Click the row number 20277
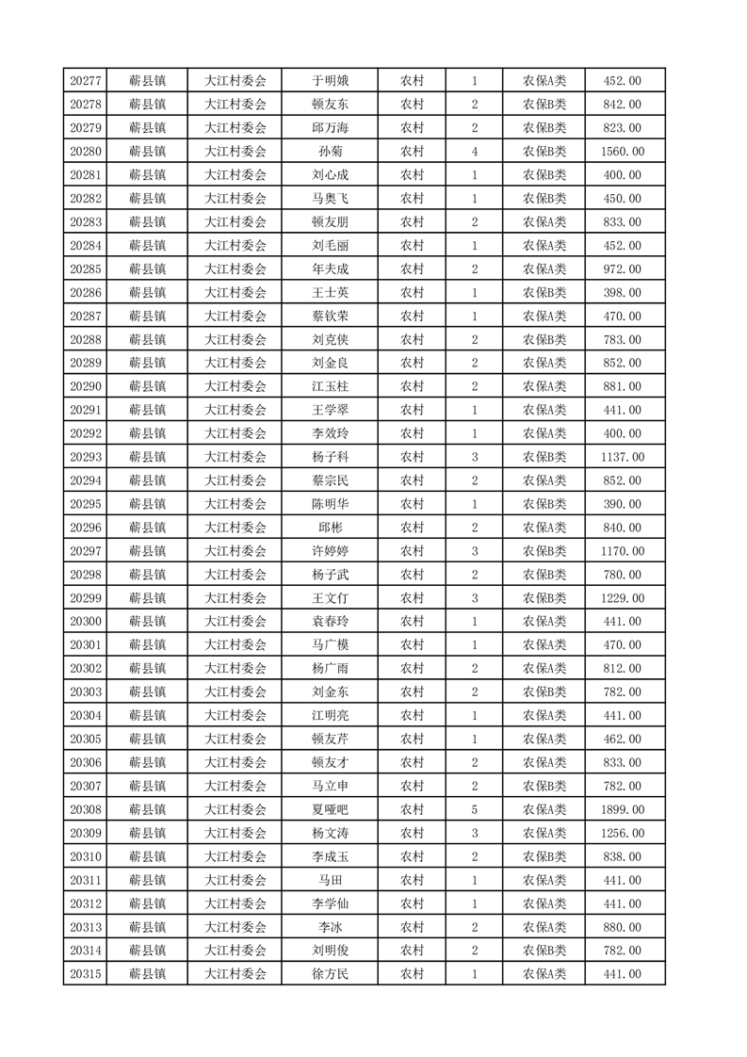86,81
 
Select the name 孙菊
330,152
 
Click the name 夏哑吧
330,809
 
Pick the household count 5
475,809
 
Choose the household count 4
475,152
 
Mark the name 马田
330,880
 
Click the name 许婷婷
330,551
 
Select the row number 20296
86,528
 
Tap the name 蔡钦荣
330,316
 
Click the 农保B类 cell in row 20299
544,598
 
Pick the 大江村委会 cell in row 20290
235,386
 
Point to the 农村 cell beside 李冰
412,927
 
